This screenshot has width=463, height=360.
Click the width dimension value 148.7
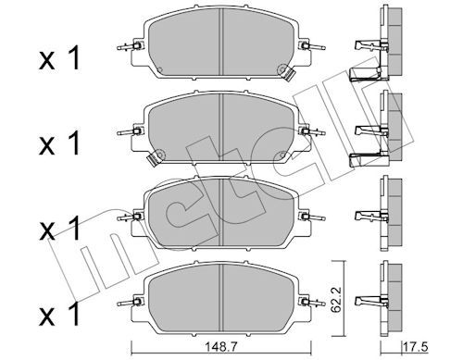click(x=221, y=347)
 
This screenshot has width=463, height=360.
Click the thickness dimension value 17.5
click(x=416, y=347)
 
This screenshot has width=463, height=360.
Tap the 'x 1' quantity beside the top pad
click(x=59, y=57)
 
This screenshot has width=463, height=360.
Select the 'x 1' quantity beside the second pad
click(x=59, y=143)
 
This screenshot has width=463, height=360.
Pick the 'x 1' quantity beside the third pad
click(x=59, y=228)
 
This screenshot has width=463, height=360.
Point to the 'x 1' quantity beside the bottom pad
click(x=59, y=314)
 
